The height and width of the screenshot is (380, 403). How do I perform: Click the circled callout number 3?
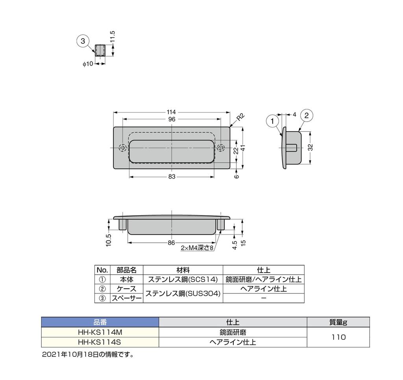pos(83,41)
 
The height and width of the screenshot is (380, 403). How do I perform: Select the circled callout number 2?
pos(307,115)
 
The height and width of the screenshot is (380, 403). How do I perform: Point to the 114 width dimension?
pos(171,112)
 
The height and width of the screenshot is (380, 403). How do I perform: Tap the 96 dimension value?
pos(171,119)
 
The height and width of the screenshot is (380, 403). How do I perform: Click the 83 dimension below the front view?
pos(172,177)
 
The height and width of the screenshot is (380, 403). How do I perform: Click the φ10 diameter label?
pos(88,64)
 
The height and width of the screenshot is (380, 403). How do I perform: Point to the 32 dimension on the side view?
pos(311,148)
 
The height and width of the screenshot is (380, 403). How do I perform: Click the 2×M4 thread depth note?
pos(197,248)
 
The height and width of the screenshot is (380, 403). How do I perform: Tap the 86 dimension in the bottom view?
pos(171,243)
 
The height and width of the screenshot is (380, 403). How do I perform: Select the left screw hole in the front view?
pos(123,148)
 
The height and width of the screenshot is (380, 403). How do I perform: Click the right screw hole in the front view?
pos(221,148)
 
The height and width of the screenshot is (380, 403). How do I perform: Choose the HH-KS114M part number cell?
pos(100,332)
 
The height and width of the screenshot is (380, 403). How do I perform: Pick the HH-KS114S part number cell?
pos(100,342)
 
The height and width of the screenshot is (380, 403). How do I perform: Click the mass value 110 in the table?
pos(338,337)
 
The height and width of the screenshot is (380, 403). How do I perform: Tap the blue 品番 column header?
pos(100,322)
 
